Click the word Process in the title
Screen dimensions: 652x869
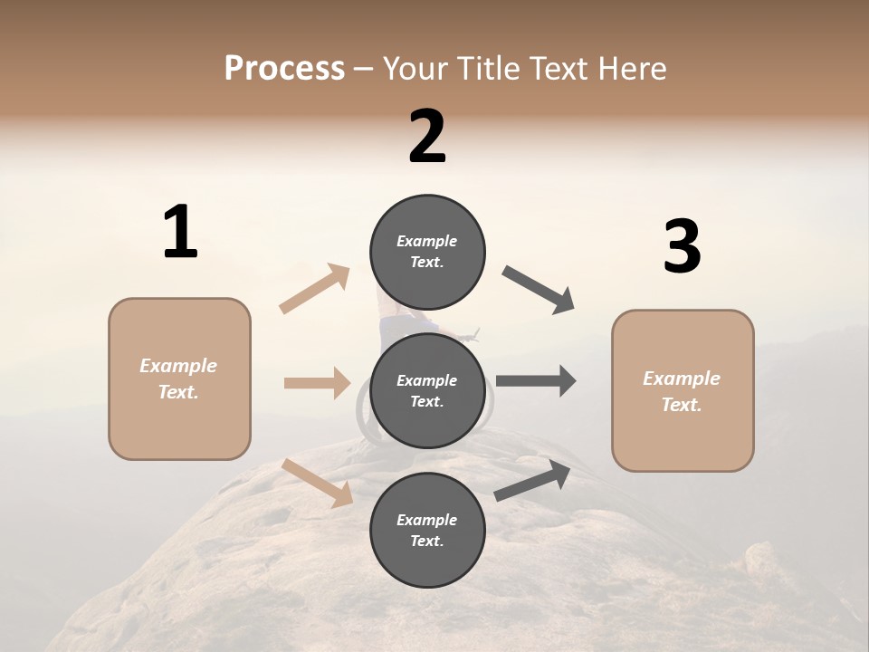pos(284,68)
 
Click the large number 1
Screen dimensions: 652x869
pos(180,233)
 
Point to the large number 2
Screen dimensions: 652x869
pos(427,137)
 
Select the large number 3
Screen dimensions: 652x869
pos(682,247)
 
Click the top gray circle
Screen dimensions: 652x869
pos(427,252)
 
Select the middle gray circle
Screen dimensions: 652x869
pos(427,391)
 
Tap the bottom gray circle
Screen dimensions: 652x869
pos(427,530)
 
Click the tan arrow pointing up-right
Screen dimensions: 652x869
pos(315,289)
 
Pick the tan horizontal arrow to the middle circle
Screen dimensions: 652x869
pos(317,383)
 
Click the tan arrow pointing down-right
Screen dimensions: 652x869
pos(317,482)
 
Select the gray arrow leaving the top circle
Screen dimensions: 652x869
pos(538,290)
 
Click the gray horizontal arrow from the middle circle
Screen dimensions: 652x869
pos(536,381)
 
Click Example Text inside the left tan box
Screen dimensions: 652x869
pos(178,379)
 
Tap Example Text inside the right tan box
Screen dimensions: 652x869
pos(682,391)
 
